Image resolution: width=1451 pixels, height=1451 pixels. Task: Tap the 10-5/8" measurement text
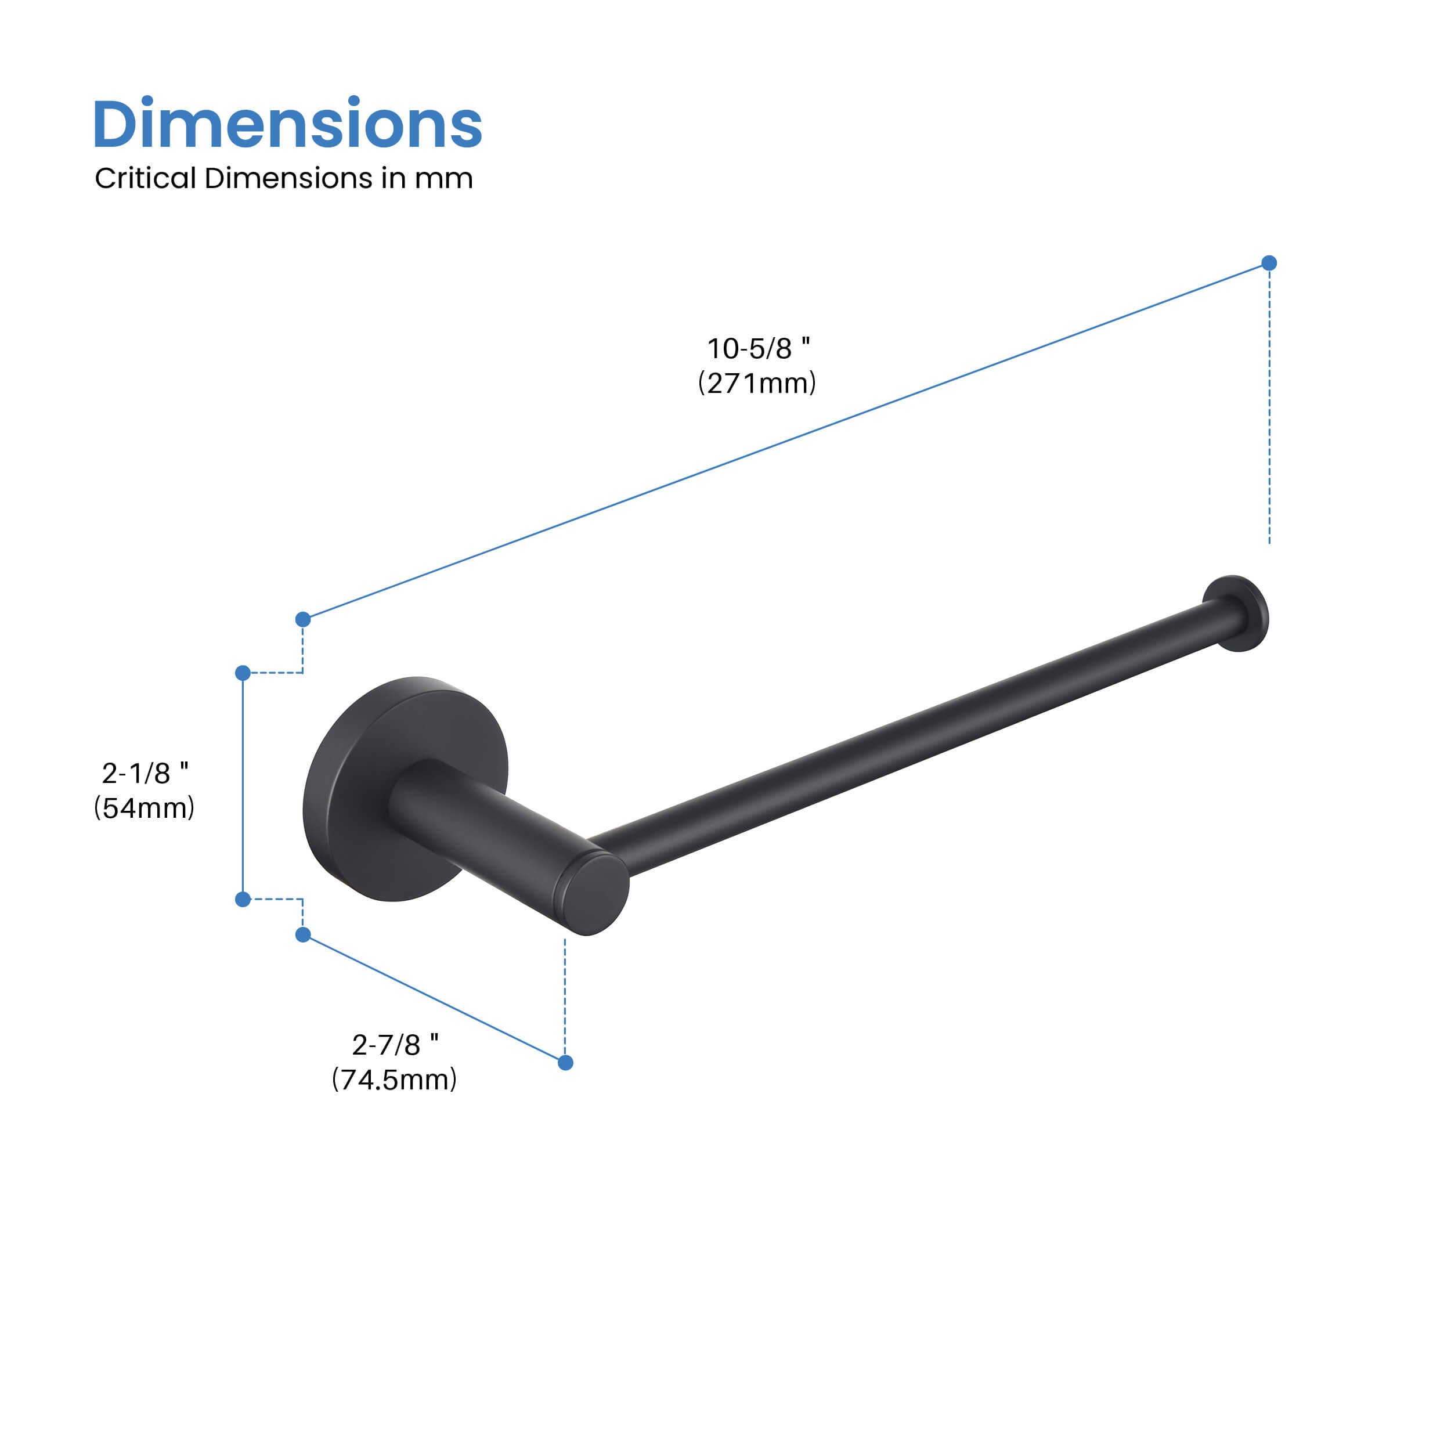point(758,348)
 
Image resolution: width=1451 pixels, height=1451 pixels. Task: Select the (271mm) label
point(757,383)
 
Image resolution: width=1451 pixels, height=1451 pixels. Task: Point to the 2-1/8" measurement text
point(145,773)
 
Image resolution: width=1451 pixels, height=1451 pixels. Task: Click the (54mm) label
point(144,807)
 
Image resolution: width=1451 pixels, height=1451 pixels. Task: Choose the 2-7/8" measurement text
point(395,1045)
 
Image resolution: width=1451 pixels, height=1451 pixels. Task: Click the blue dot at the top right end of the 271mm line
point(1269,263)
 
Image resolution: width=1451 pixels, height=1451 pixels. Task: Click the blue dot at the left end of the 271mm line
point(302,620)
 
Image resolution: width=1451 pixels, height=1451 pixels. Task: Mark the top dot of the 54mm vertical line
point(243,673)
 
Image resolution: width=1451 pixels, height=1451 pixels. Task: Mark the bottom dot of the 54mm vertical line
point(243,899)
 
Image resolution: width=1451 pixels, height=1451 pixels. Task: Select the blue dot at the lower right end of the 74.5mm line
point(565,1063)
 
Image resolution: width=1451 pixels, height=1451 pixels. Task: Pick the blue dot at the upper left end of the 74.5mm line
point(302,935)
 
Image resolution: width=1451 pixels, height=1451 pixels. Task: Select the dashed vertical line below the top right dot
point(1269,406)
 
